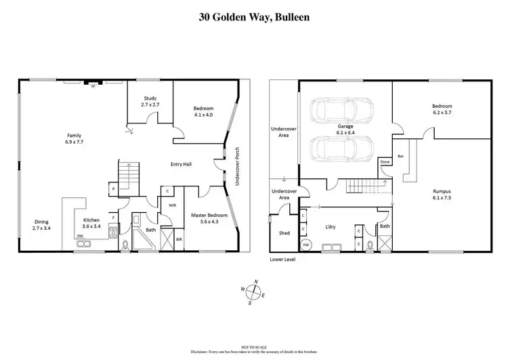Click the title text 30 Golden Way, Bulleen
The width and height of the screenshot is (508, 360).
[x=254, y=16]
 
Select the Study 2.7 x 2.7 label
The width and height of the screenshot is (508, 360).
[x=150, y=102]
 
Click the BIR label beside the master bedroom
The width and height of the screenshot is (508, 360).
[x=179, y=239]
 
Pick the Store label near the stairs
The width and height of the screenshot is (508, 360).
[x=385, y=162]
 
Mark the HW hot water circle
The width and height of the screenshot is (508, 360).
[x=306, y=244]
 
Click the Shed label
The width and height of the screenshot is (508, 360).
[x=284, y=233]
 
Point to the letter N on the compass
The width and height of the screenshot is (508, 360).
[x=256, y=281]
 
